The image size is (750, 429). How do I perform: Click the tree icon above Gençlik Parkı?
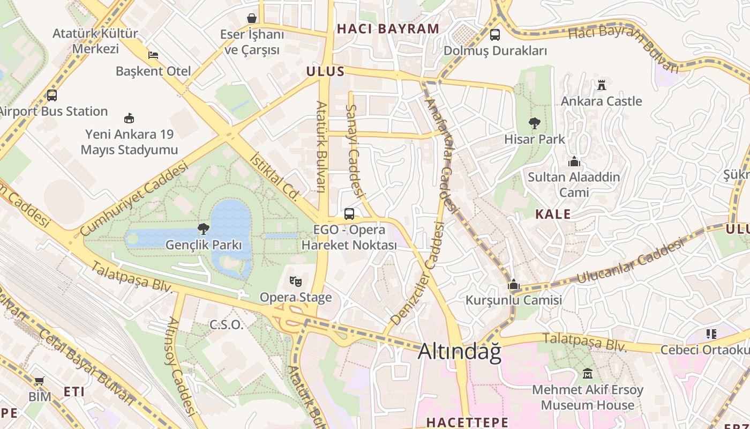203,230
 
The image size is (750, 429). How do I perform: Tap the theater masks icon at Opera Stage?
295,281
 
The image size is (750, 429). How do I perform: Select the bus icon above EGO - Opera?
349,214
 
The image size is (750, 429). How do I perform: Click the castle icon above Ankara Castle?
601,85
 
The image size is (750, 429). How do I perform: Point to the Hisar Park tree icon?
534,123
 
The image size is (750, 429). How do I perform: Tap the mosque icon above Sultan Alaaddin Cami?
574,161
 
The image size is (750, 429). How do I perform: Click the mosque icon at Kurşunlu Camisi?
514,284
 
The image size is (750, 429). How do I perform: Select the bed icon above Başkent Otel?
153,55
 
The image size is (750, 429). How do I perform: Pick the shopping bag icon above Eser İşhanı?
252,19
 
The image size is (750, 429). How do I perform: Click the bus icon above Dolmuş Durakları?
495,35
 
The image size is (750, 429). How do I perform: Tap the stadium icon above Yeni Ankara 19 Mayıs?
129,118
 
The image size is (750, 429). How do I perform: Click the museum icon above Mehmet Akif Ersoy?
588,373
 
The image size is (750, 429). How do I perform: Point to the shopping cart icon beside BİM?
39,381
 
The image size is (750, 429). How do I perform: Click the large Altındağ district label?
459,351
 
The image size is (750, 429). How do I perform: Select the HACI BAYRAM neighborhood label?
388,29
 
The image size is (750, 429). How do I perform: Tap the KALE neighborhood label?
553,214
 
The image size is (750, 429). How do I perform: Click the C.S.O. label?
226,324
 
